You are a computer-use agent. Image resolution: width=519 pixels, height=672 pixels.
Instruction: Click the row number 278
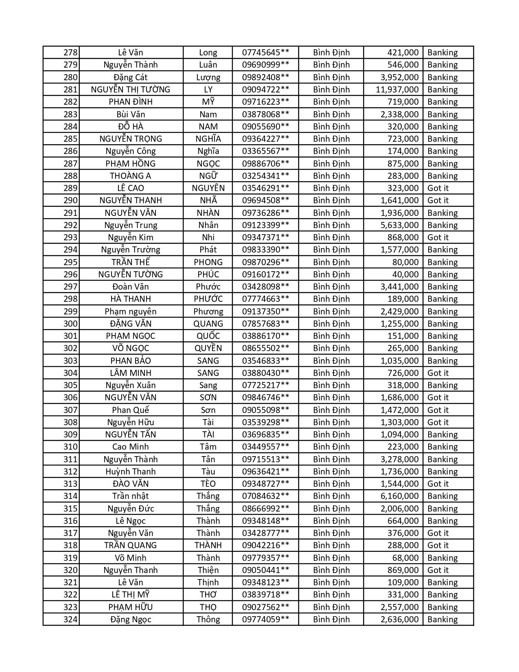tap(70, 53)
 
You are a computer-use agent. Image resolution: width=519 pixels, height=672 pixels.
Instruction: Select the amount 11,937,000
tap(397, 90)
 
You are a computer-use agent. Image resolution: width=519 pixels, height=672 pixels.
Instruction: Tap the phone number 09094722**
tap(265, 90)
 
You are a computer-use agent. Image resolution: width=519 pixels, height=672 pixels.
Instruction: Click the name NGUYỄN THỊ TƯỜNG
tap(131, 90)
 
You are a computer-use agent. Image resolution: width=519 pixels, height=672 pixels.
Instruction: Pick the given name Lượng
tap(208, 77)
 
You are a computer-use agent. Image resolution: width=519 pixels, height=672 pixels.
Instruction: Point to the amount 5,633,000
tap(399, 225)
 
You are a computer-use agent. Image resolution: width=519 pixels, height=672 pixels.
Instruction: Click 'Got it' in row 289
tap(438, 188)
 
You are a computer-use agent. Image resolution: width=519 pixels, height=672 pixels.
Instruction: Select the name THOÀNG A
tap(131, 176)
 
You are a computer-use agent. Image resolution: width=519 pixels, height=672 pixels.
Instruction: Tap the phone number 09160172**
tap(265, 275)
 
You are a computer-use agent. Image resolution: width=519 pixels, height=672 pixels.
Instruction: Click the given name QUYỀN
tap(208, 348)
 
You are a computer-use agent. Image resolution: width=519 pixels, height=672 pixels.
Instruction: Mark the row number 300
tap(70, 324)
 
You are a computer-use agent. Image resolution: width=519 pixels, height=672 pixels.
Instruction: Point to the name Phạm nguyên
tap(131, 312)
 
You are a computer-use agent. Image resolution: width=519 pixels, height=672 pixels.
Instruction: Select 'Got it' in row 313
tap(438, 484)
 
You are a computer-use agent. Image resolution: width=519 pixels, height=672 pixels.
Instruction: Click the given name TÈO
tap(208, 484)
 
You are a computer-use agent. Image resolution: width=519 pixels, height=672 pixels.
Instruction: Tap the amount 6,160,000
tap(399, 496)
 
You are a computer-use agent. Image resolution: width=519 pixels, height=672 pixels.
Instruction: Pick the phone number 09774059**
tap(265, 619)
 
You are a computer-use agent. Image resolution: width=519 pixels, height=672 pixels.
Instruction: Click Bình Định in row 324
tap(331, 619)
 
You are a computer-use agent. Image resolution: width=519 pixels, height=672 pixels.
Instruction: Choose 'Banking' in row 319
tap(442, 558)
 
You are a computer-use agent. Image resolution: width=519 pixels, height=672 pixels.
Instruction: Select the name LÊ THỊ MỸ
tap(131, 595)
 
